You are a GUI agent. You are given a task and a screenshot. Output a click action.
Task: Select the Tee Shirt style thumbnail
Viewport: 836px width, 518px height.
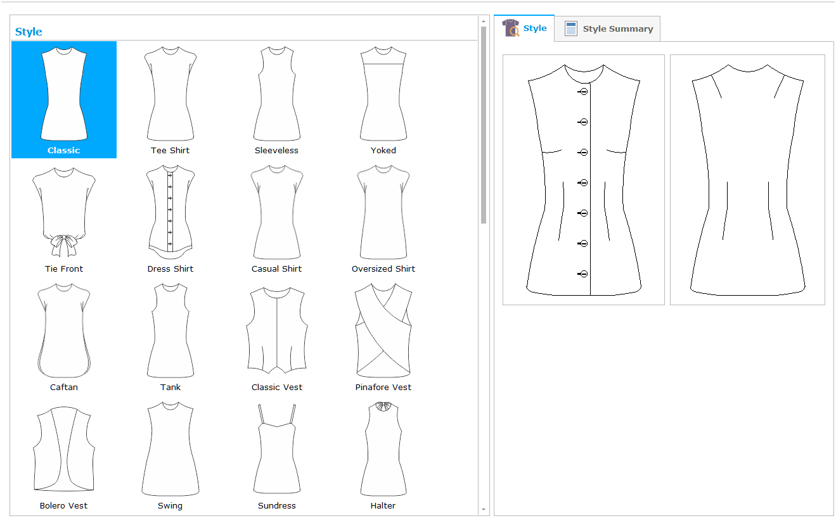coord(170,93)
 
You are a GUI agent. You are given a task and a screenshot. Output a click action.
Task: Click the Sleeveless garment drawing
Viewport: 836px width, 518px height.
coord(276,93)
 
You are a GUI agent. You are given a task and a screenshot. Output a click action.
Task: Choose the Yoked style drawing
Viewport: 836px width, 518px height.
coord(383,93)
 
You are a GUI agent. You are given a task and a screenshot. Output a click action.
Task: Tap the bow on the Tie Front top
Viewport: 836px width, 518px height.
coord(64,246)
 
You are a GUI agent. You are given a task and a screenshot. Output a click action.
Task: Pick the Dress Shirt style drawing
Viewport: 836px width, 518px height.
coord(170,212)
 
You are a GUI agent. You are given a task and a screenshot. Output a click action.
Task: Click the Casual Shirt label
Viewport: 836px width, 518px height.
coord(276,269)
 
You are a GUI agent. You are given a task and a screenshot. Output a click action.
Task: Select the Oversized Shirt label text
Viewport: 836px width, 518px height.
coord(383,269)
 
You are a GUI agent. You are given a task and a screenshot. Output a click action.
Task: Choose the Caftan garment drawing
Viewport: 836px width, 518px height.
coord(64,331)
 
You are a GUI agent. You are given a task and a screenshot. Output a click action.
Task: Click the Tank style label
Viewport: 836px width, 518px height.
coord(170,387)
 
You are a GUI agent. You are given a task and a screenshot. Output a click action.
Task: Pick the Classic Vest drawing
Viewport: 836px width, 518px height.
coord(276,331)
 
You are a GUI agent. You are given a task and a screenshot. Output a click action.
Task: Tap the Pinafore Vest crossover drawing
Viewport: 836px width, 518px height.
coord(383,331)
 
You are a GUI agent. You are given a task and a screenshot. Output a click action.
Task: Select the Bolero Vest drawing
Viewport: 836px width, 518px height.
coord(64,448)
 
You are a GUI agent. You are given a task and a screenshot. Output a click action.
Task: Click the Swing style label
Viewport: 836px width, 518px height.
coord(170,506)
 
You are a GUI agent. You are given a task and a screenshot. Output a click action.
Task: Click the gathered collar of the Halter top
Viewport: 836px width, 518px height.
coord(383,406)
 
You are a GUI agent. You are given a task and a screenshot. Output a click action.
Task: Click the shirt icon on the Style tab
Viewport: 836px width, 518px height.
coord(511,28)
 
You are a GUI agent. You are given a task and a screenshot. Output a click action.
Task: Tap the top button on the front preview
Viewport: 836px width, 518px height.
coord(583,92)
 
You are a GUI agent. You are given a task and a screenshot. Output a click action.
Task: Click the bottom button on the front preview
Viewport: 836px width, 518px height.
coord(583,274)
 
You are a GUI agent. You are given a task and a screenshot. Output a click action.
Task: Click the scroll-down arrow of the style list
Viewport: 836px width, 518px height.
coord(484,509)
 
